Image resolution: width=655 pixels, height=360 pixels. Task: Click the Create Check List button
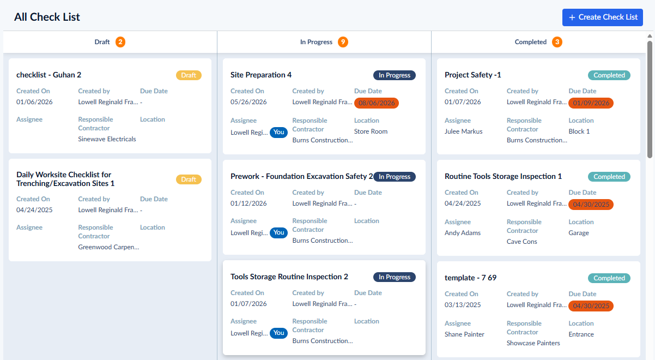[x=602, y=17]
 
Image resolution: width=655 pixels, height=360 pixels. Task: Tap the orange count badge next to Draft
[x=120, y=42]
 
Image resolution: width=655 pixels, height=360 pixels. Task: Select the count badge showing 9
[x=343, y=42]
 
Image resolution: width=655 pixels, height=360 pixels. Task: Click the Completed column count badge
[x=557, y=42]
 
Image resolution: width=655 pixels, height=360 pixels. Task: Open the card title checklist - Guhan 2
[x=49, y=75]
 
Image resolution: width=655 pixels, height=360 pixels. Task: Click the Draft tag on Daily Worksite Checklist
[x=189, y=179]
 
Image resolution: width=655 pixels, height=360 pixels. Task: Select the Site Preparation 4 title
[x=261, y=75]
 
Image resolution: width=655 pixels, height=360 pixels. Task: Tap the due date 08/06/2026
[x=377, y=103]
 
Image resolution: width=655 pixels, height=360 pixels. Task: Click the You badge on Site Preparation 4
[x=278, y=133]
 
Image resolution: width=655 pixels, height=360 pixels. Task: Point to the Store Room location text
[x=371, y=131]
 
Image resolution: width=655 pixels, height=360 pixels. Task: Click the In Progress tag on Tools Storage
[x=395, y=277]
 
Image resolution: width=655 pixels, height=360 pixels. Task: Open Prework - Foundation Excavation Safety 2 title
[x=301, y=176]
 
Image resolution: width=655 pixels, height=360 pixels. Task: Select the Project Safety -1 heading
[x=473, y=75]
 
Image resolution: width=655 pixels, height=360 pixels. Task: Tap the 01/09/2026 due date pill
[x=591, y=103]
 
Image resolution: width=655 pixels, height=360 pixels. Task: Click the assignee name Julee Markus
[x=464, y=131]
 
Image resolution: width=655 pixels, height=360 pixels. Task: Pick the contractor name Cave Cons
[x=521, y=242]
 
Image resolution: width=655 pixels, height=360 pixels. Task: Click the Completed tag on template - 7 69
[x=609, y=278]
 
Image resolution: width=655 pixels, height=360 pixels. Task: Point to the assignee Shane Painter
[x=464, y=334]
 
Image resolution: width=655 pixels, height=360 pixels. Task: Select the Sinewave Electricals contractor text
[x=107, y=139]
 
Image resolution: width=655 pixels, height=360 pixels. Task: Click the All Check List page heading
[x=47, y=17]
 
